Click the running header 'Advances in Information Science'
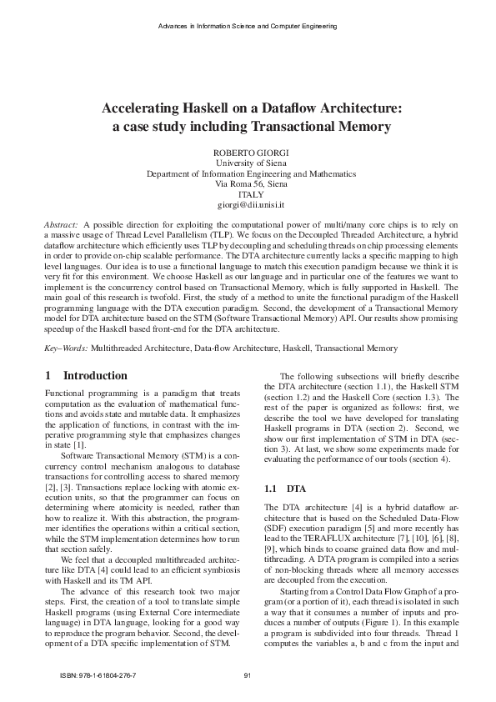coord(217,27)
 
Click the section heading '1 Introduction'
coord(87,375)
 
